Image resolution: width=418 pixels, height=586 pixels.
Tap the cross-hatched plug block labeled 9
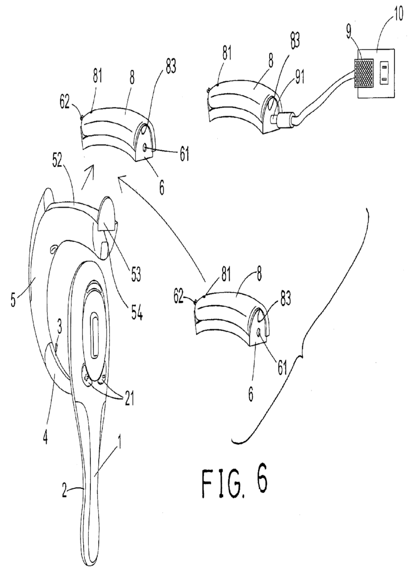pyautogui.click(x=365, y=73)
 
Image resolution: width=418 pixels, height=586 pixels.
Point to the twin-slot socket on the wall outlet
pyautogui.click(x=384, y=73)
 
